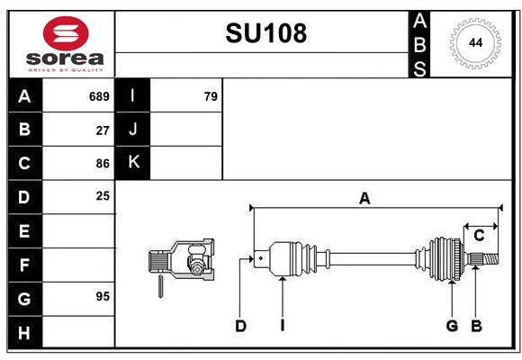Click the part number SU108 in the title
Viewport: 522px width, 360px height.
(265, 33)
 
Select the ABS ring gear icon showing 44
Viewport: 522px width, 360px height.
(473, 43)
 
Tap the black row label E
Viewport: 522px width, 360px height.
(24, 230)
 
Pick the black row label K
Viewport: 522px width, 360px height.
(133, 163)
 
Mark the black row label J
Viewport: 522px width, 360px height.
(133, 130)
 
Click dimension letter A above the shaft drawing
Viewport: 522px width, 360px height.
(364, 199)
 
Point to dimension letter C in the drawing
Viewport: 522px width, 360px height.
(479, 235)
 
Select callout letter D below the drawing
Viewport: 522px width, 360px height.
(240, 326)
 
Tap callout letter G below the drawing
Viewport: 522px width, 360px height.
(453, 326)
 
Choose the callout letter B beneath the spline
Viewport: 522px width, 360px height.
(477, 326)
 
